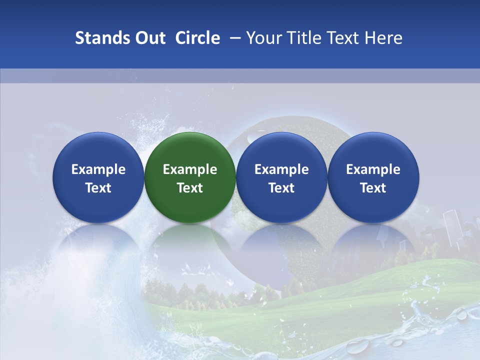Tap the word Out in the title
pos(149,38)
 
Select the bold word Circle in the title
pos(197,38)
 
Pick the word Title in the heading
pos(304,38)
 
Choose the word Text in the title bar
pos(345,38)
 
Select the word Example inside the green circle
pos(190,169)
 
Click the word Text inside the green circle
pos(190,188)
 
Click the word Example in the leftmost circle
pos(98,169)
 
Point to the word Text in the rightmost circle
pos(373,188)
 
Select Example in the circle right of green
pos(281,169)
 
